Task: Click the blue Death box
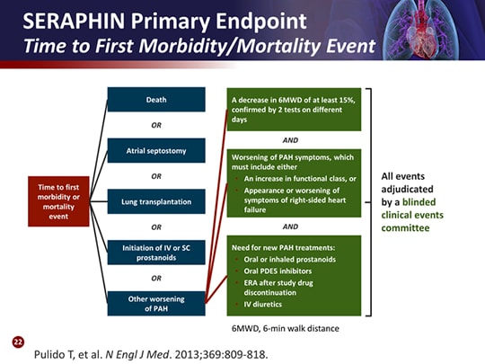[x=156, y=100]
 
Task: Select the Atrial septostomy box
[x=156, y=150]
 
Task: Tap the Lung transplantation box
[x=156, y=201]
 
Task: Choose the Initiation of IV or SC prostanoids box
[x=156, y=253]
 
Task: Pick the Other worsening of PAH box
[x=156, y=304]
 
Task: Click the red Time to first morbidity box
[x=58, y=201]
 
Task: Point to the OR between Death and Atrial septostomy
[x=156, y=125]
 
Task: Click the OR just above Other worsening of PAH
[x=156, y=279]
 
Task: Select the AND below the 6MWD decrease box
[x=290, y=140]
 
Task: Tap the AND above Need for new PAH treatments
[x=290, y=226]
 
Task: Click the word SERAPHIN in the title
[x=74, y=21]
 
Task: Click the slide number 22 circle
[x=18, y=342]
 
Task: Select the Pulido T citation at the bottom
[x=151, y=354]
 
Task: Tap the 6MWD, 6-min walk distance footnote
[x=286, y=328]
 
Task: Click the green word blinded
[x=419, y=202]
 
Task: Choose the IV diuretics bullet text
[x=263, y=305]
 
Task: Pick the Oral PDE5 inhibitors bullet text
[x=278, y=271]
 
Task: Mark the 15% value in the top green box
[x=347, y=100]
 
